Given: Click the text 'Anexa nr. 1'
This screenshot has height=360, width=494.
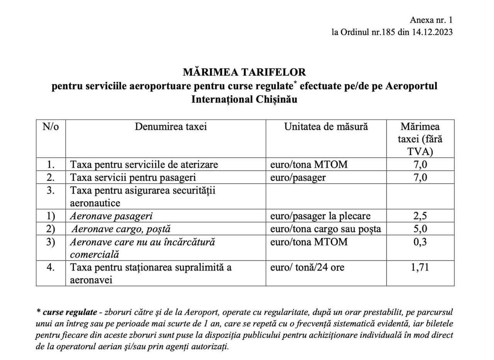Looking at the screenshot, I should [x=431, y=20].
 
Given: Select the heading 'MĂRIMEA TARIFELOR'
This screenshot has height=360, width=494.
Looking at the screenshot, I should [x=244, y=72].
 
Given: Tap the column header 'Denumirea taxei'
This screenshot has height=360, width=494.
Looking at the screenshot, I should [x=171, y=127].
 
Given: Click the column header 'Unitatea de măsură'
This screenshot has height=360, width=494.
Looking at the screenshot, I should [x=326, y=127].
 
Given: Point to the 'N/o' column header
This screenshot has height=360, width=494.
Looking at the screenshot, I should [x=51, y=127].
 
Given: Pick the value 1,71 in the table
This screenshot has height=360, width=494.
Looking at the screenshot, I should [x=420, y=267].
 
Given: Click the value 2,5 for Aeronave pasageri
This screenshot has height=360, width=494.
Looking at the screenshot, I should [x=420, y=216].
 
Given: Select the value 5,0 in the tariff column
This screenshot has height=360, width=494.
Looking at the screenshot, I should [x=420, y=229].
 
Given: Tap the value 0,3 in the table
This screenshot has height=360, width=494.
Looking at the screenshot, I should [x=420, y=242].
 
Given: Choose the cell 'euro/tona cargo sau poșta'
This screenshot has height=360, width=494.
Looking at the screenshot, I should [x=325, y=229].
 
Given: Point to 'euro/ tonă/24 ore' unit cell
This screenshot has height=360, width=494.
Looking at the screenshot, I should [x=307, y=267].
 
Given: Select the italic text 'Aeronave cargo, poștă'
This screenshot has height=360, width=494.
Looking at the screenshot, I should [x=121, y=229].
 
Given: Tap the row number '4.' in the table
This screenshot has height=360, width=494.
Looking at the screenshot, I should [x=51, y=267].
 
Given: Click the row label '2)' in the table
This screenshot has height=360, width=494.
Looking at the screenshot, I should [x=51, y=229].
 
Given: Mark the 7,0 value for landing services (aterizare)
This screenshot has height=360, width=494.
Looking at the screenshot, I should [x=420, y=165].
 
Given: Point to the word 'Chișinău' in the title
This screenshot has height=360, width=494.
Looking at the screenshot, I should [x=276, y=99].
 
